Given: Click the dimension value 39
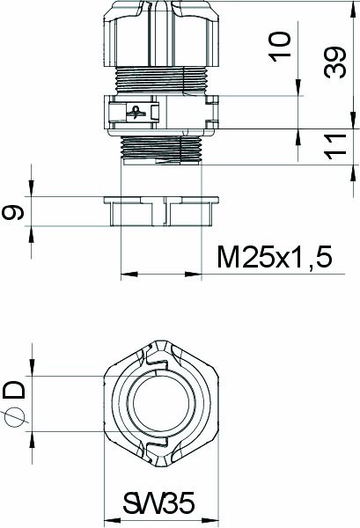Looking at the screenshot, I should point(334,64).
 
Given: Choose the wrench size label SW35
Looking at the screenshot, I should point(158,505).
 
